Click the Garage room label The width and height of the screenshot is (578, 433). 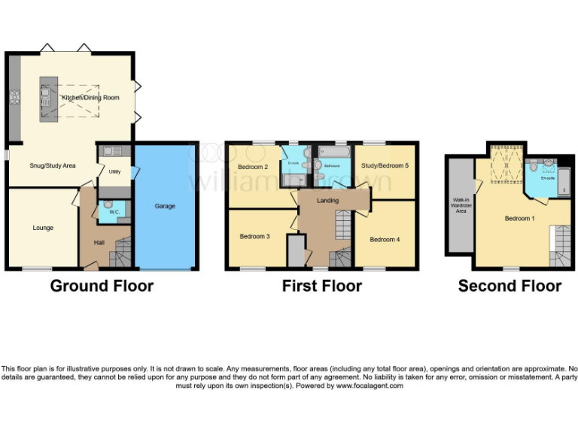tap(165, 205)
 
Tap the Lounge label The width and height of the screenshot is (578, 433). tap(43, 227)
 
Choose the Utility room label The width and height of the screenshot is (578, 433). tap(114, 172)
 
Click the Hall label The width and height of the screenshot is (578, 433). tap(99, 242)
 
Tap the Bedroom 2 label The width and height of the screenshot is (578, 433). tap(253, 167)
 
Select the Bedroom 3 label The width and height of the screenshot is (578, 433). tap(254, 237)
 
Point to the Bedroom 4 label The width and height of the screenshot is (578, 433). tap(384, 239)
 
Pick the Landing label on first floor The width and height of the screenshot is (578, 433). tap(327, 201)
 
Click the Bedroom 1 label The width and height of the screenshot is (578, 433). tap(519, 219)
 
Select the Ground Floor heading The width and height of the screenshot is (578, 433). tap(102, 286)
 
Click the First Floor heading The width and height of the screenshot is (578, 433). tap(321, 286)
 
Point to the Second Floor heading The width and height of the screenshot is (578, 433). tap(510, 286)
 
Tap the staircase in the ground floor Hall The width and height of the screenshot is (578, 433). tap(122, 253)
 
